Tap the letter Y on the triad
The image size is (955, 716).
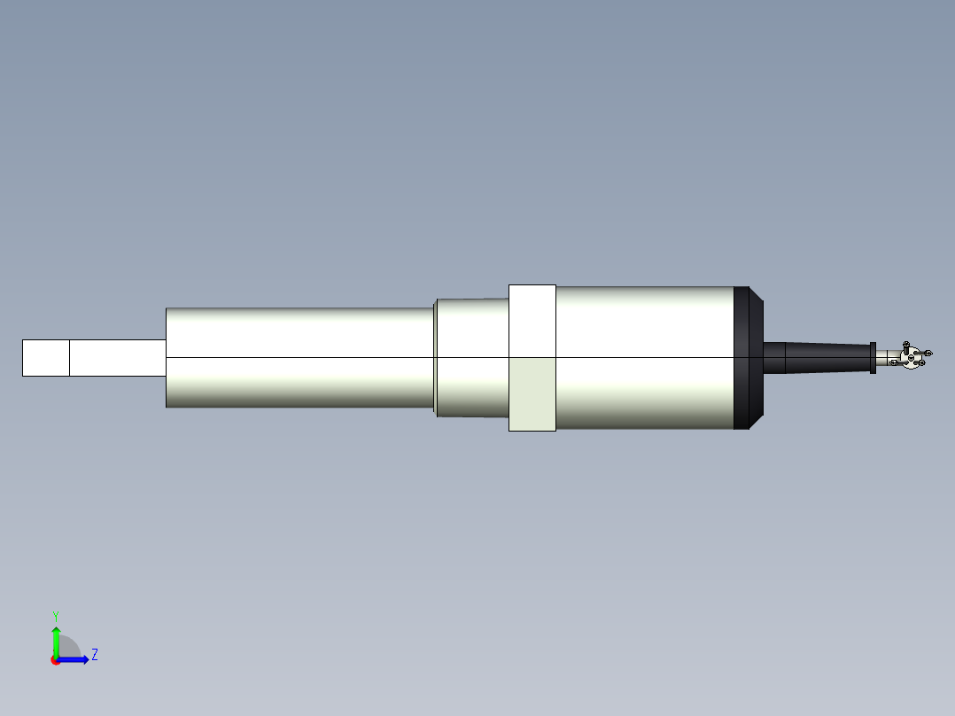(x=56, y=615)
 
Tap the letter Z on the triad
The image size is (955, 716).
(x=94, y=655)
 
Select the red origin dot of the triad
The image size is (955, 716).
(x=56, y=660)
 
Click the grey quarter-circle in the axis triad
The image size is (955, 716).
(x=69, y=648)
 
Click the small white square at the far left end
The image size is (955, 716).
(x=46, y=357)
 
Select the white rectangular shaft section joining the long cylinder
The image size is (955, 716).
(x=117, y=357)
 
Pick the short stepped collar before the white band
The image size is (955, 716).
(x=471, y=357)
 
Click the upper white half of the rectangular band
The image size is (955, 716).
(x=532, y=321)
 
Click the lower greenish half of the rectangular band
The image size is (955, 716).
(x=532, y=394)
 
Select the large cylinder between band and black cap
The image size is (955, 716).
(x=644, y=357)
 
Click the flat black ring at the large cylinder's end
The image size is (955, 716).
(x=741, y=357)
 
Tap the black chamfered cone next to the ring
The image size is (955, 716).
(x=757, y=357)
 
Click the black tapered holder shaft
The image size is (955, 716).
(x=824, y=357)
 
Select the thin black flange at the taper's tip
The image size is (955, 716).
(x=873, y=357)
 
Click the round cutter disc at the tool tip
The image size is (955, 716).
(x=910, y=357)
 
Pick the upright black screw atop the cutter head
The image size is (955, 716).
(x=906, y=345)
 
